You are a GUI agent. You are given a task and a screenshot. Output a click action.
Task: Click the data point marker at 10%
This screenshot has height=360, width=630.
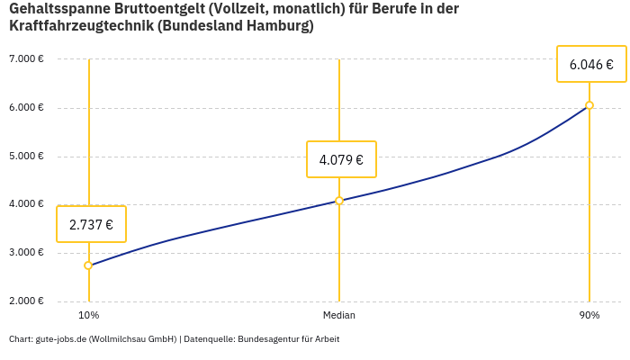[88, 265]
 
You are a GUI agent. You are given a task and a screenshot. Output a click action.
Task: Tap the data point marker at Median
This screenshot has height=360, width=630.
[339, 201]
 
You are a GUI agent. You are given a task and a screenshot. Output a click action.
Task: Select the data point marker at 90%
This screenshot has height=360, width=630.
[589, 105]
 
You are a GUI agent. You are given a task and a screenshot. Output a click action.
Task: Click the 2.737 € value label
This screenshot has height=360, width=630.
[91, 225]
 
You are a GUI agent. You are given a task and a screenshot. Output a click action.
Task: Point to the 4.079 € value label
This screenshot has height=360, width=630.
[341, 160]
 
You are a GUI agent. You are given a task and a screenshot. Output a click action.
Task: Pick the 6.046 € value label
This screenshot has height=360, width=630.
[591, 65]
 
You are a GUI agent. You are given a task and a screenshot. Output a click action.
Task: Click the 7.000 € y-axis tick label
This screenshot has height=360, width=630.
[26, 59]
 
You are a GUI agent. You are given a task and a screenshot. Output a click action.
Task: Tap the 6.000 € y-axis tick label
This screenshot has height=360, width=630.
[26, 108]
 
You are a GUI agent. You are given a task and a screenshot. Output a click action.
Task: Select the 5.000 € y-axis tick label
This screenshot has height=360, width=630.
[26, 156]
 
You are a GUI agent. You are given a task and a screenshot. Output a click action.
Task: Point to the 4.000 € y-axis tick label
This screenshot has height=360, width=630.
[26, 204]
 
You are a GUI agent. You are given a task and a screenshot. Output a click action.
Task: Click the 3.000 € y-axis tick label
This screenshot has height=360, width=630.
[26, 253]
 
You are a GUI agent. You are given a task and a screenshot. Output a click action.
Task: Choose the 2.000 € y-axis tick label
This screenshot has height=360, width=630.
[26, 301]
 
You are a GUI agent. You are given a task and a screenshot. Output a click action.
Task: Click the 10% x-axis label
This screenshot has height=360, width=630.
[88, 316]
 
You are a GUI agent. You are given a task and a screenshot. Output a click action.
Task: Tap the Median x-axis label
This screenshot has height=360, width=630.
[339, 316]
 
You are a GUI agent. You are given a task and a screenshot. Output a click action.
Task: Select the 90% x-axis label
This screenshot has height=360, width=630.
[589, 316]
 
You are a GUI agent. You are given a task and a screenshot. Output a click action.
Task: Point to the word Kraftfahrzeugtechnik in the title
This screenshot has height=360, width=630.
[81, 26]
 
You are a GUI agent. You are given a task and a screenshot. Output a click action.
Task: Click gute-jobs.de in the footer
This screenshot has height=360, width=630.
[60, 339]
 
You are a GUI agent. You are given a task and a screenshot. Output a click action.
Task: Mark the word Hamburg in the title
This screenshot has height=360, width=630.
[275, 26]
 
